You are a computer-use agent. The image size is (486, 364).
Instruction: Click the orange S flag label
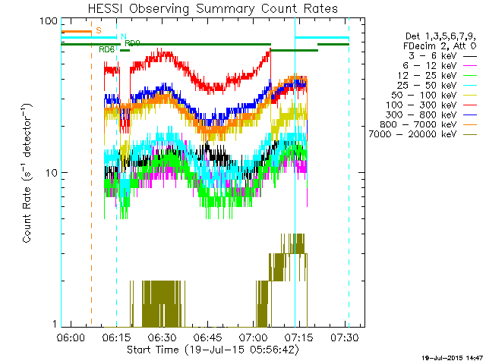99,30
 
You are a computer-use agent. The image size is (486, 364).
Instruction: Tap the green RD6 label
107,49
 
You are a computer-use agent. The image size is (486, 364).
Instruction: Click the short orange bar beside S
76,31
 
